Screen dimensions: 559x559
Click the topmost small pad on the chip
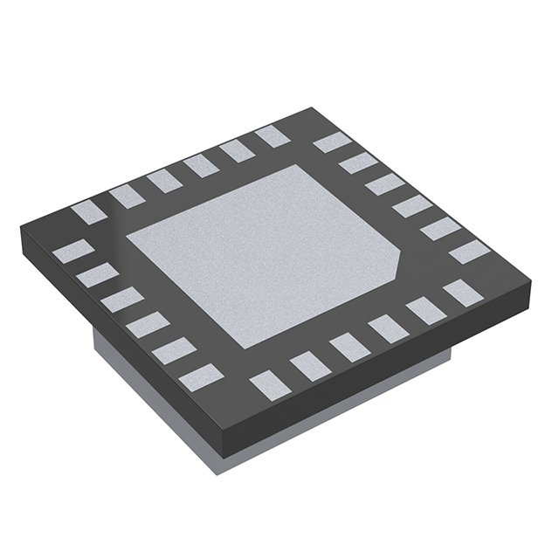click(x=269, y=136)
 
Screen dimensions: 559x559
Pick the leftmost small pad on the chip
click(x=68, y=252)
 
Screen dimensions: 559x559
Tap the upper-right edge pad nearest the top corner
click(x=329, y=142)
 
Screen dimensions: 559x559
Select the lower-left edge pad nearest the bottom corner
click(x=197, y=376)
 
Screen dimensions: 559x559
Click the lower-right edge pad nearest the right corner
click(x=457, y=291)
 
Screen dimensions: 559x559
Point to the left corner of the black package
click(x=21, y=229)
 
